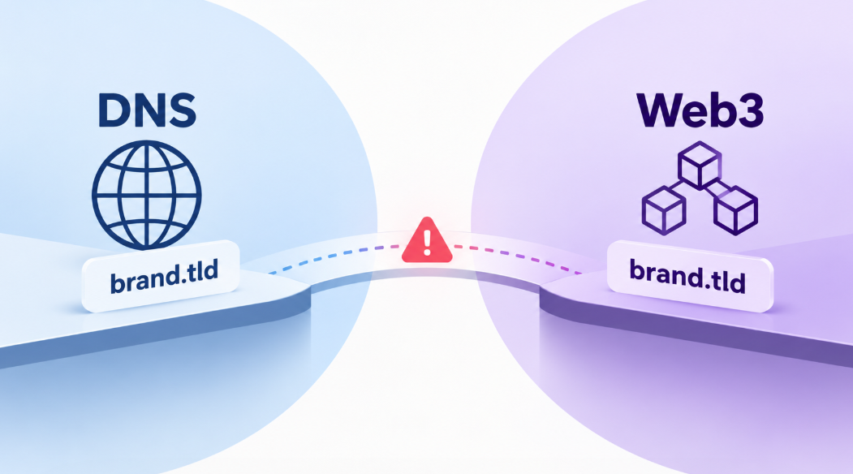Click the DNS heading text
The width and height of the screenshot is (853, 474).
click(x=147, y=110)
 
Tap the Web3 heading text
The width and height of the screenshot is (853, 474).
click(x=700, y=110)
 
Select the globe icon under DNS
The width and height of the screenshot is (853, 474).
click(x=146, y=196)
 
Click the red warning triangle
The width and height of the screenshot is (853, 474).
click(x=427, y=240)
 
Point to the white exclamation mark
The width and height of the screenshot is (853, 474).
click(x=427, y=242)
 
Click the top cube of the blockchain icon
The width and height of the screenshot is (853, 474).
click(x=700, y=165)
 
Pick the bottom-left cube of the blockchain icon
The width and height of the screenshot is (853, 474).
click(x=664, y=210)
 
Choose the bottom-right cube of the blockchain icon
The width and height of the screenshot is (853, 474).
click(x=735, y=210)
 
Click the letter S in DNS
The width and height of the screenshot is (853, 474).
click(x=182, y=110)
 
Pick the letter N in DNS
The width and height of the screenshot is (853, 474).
click(x=148, y=110)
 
